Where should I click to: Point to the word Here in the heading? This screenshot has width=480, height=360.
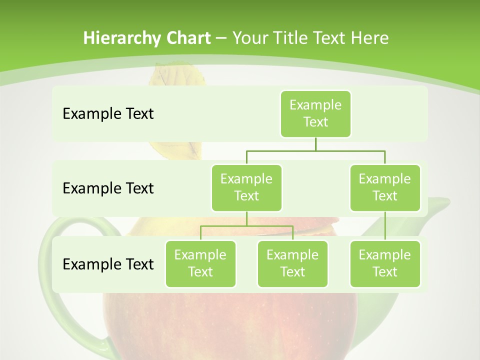[x=369, y=38]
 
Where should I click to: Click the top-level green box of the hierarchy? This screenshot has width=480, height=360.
[x=315, y=113]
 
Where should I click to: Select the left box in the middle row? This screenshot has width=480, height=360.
[x=246, y=187]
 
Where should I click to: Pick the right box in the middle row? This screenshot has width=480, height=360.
[x=385, y=187]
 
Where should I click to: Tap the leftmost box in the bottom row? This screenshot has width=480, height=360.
[x=200, y=263]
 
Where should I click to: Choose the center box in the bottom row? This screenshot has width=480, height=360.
[x=292, y=263]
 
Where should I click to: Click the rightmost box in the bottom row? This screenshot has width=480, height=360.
[x=385, y=263]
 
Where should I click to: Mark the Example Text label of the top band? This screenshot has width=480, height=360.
[x=108, y=114]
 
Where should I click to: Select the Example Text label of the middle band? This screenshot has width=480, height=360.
[x=108, y=188]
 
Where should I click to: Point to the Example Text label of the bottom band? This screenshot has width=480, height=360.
[x=108, y=264]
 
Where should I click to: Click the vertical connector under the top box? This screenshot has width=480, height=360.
[x=315, y=144]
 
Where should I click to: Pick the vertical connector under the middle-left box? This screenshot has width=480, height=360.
[x=246, y=218]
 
